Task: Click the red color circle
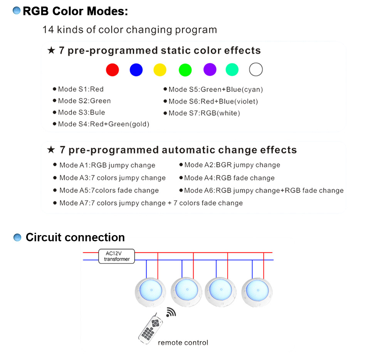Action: [x=112, y=70]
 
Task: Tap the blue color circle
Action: [x=136, y=70]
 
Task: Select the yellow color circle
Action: [x=160, y=70]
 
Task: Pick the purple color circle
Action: [x=210, y=70]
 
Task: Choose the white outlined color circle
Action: [x=256, y=70]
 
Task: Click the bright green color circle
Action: [x=185, y=70]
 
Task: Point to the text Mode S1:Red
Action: [x=81, y=89]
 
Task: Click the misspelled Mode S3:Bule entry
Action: [x=81, y=113]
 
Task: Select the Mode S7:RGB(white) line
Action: [x=204, y=113]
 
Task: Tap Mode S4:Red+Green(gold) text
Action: [x=103, y=124]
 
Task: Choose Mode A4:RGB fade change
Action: [x=229, y=178]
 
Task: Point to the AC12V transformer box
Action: [x=117, y=256]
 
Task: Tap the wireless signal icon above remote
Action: [x=170, y=312]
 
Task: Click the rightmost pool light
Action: [x=257, y=292]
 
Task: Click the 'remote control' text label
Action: [x=183, y=343]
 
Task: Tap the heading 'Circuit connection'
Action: [x=75, y=237]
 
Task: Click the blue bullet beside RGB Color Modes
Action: [x=17, y=11]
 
